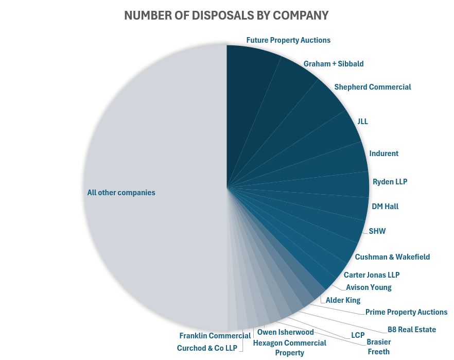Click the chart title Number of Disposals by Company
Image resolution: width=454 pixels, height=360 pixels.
226,15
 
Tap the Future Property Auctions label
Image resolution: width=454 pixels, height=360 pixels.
288,40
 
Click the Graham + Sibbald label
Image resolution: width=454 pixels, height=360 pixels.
333,64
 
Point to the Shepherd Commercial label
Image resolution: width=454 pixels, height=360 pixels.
372,87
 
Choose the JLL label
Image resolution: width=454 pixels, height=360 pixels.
362,122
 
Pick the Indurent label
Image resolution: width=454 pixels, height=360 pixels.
383,153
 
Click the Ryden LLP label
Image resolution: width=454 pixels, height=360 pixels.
390,182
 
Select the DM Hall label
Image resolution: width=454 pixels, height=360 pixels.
385,207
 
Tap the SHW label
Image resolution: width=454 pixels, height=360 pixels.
377,231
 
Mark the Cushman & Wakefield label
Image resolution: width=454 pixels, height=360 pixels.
392,257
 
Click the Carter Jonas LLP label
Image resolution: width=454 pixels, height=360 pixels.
371,275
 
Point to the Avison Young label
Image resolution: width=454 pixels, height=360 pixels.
369,287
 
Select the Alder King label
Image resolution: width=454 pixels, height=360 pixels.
343,300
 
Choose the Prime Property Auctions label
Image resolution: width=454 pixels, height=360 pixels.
406,312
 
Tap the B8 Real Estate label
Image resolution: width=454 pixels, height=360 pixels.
411,330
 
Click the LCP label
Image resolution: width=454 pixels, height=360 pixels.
358,335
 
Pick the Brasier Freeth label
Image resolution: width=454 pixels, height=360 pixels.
378,347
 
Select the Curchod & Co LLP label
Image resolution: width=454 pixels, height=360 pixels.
207,348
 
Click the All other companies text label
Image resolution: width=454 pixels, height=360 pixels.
121,193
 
